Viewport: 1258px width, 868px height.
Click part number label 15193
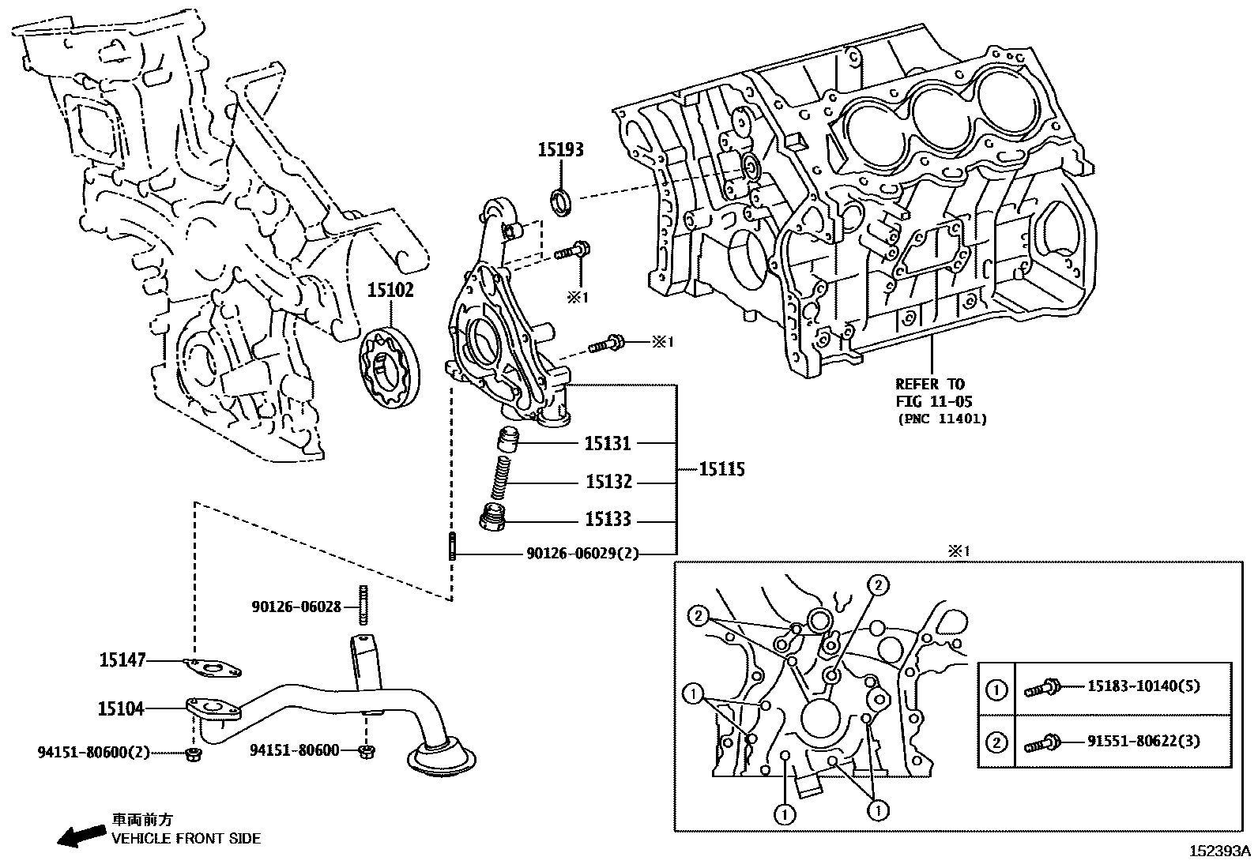(561, 149)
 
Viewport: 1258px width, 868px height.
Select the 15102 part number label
(390, 291)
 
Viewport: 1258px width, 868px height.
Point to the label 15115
(721, 470)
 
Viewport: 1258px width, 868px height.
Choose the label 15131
(608, 444)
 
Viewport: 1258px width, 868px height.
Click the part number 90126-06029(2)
(582, 554)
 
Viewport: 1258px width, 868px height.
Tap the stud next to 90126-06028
(364, 606)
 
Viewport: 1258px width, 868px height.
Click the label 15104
(121, 709)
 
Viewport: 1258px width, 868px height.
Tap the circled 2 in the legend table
(996, 742)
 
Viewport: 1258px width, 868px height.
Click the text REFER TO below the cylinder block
(929, 385)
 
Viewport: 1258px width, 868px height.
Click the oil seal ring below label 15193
(561, 201)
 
